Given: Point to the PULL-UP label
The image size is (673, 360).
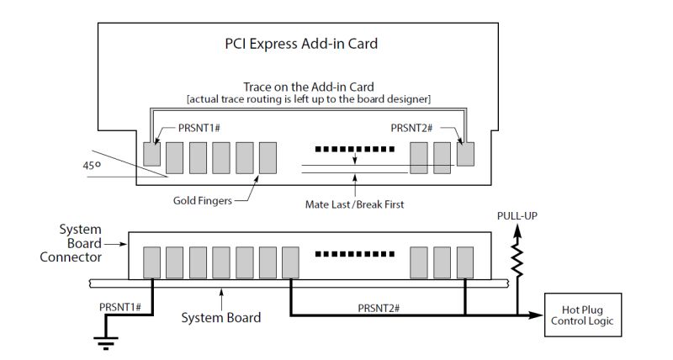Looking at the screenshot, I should click(x=517, y=217).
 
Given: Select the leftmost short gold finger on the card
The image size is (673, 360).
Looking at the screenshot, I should click(x=152, y=154).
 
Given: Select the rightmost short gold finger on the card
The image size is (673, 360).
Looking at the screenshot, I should click(x=465, y=154).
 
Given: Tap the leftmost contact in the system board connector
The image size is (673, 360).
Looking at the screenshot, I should click(x=152, y=262).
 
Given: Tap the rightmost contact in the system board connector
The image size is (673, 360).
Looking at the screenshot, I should click(x=465, y=262).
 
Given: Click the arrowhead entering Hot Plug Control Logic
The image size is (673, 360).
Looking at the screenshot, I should click(x=536, y=315).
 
